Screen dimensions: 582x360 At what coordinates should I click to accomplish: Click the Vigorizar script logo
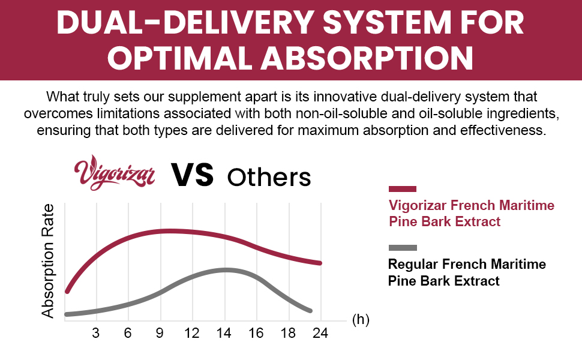115,173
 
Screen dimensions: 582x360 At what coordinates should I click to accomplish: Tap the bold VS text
192,175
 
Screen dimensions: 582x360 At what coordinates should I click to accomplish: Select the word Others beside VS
269,178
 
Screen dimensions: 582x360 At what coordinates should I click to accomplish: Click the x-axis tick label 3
96,333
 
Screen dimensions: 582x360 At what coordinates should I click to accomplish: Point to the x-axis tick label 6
128,333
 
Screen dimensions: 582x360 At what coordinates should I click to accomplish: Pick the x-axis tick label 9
160,333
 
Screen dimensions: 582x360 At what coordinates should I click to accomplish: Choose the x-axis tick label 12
192,333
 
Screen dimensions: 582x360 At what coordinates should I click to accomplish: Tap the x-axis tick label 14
224,333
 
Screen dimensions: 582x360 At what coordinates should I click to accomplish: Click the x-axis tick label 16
256,333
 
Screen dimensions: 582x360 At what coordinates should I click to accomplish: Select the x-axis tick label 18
288,333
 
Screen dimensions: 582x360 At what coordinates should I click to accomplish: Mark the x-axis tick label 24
320,333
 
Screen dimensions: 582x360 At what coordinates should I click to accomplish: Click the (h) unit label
361,319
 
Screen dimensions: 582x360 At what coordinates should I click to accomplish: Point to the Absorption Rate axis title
48,261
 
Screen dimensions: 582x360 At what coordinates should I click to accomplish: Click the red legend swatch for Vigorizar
403,189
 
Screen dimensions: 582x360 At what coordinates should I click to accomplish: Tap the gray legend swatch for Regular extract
403,248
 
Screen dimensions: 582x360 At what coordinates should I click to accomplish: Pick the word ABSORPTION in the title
367,58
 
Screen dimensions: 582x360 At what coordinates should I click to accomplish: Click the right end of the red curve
320,263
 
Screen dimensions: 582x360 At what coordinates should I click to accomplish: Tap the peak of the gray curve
225,270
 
